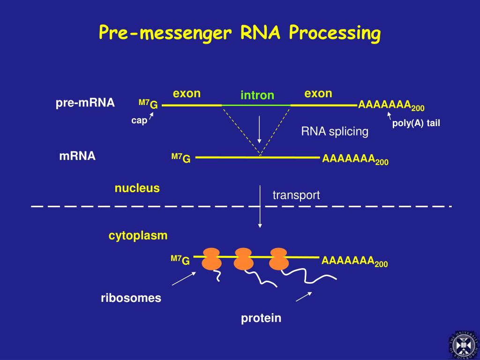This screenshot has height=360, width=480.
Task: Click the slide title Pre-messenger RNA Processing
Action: click(240, 33)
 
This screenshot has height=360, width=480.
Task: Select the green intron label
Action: click(257, 96)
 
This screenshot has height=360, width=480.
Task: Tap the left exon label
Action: click(187, 93)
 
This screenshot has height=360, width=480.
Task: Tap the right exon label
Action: click(318, 93)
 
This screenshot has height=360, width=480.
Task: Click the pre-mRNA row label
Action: click(85, 103)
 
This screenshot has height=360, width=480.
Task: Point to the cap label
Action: click(139, 121)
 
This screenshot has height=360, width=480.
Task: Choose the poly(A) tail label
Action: click(416, 124)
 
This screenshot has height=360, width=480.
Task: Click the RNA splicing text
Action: click(335, 132)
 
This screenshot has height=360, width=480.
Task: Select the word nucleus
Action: click(137, 188)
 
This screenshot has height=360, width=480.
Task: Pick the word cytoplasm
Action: click(138, 236)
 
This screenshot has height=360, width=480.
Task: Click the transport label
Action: click(296, 195)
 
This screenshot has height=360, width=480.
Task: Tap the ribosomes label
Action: click(131, 298)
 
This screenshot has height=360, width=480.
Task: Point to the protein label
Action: click(261, 319)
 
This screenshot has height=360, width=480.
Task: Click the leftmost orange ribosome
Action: click(211, 259)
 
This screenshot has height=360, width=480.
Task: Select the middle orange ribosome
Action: click(244, 259)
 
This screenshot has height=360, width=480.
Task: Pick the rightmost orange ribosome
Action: click(278, 259)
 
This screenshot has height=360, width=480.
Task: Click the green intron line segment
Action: click(256, 105)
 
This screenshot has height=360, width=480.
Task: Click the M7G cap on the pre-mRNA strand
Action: click(148, 105)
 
